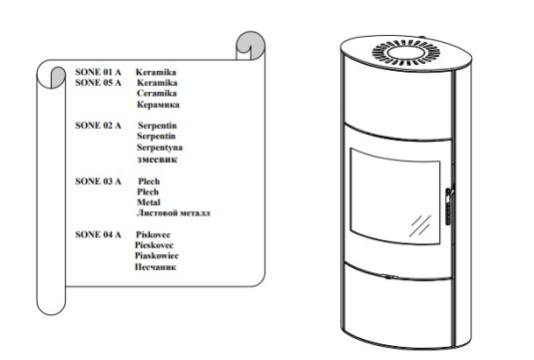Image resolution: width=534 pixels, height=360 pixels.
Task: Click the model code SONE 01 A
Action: [x=98, y=72]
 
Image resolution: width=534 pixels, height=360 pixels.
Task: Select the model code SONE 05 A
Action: [x=98, y=83]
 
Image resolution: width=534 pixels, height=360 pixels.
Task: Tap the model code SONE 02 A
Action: [x=98, y=126]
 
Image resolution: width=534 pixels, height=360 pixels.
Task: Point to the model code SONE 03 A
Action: [x=98, y=181]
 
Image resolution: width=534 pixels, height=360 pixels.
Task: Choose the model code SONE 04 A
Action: [x=98, y=234]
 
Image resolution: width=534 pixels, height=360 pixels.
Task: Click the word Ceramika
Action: [x=157, y=93]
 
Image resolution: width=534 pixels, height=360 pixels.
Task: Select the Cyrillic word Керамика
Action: [x=158, y=105]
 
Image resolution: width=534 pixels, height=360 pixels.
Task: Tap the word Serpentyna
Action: [x=160, y=148]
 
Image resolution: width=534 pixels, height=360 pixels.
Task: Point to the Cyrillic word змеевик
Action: [x=158, y=160]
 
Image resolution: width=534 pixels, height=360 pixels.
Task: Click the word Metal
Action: [x=149, y=202]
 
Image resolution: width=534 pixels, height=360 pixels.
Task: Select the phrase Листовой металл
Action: [x=174, y=213]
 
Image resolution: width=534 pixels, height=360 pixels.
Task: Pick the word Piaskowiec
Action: [x=157, y=255]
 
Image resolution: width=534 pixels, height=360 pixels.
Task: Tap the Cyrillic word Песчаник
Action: [x=156, y=267]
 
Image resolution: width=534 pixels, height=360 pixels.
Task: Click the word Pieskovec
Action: [x=154, y=245]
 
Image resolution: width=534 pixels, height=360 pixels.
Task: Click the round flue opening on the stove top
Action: [x=406, y=53]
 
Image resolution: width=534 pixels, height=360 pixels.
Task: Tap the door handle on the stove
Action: [x=449, y=206]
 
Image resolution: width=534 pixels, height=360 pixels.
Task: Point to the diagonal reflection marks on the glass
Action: [x=420, y=225]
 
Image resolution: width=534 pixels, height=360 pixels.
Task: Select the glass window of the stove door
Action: [x=395, y=196]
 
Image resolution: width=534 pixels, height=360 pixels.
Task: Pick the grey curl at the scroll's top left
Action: [x=58, y=77]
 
